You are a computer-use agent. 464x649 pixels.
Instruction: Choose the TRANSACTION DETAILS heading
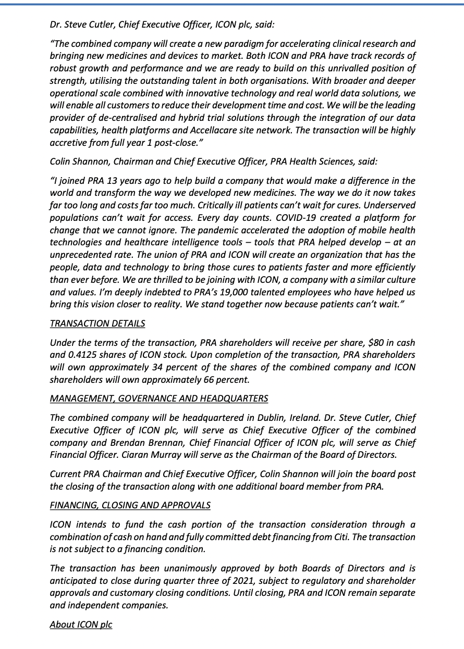(97, 323)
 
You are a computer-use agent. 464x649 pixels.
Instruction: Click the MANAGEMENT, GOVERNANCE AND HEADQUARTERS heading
(159, 398)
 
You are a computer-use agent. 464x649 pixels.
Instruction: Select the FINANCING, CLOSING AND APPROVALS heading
(130, 505)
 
